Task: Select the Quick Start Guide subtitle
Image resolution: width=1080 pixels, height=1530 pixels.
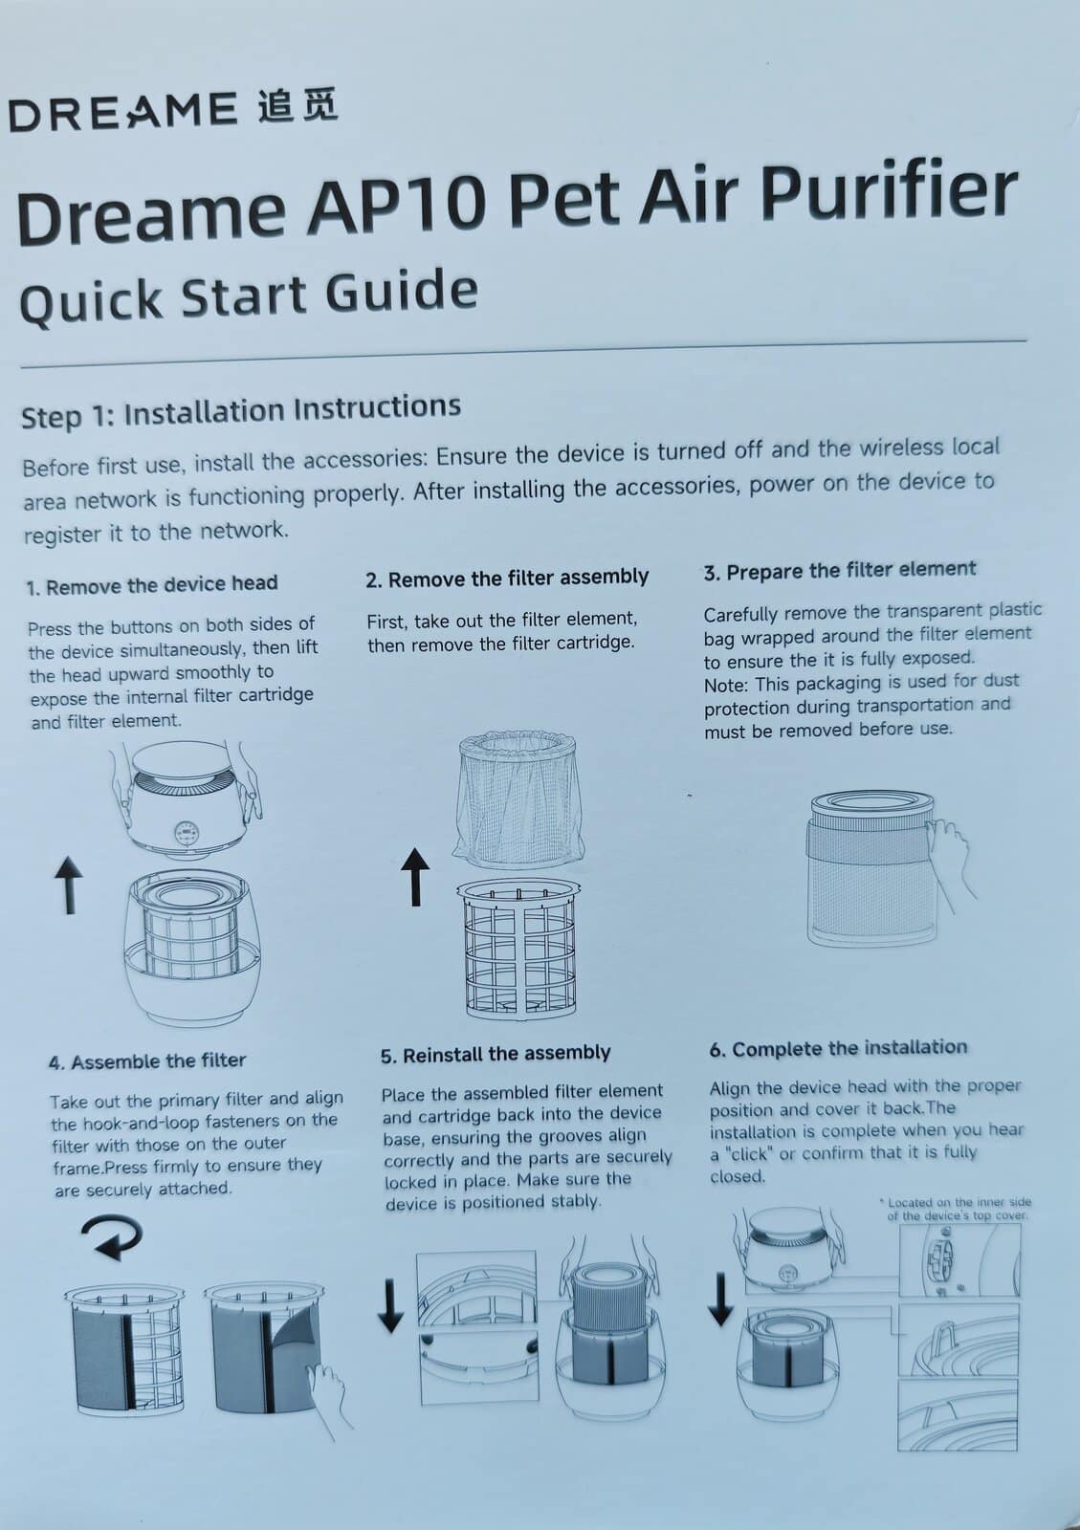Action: [249, 295]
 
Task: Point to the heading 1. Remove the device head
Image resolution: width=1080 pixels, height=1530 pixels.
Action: [152, 584]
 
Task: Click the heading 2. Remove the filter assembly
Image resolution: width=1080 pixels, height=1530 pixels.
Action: [507, 579]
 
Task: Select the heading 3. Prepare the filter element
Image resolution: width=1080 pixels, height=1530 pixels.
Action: [840, 571]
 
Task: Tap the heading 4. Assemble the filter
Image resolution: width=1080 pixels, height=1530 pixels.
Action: [147, 1061]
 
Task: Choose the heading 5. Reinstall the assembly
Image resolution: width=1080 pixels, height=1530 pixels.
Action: [496, 1054]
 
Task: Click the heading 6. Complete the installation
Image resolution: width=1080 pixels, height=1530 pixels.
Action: [838, 1048]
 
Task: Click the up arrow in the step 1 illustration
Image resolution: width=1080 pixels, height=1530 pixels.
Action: [68, 885]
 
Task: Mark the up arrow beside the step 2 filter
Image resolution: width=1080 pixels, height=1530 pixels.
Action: [414, 878]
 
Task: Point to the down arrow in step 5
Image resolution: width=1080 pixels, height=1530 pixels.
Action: [390, 1306]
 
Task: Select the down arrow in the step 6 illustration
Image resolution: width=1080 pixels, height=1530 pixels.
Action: [720, 1300]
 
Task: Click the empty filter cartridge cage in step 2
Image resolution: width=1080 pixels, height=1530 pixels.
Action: [519, 949]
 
